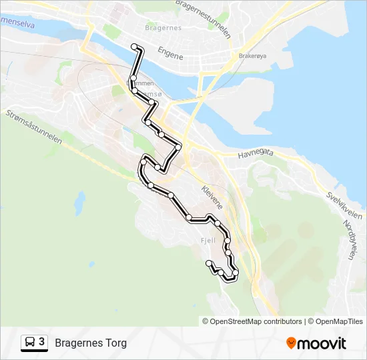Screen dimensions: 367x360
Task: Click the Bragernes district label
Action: tap(159, 28)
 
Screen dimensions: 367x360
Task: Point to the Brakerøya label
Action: tap(252, 56)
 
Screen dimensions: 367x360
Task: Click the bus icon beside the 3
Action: tap(30, 343)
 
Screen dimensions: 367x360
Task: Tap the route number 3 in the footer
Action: tap(42, 343)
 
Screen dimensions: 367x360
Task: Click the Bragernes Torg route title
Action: tap(91, 343)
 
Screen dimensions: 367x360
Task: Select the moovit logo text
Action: tap(322, 343)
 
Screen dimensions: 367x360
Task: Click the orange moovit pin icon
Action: tap(291, 343)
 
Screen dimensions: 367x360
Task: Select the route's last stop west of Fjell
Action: tap(210, 263)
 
